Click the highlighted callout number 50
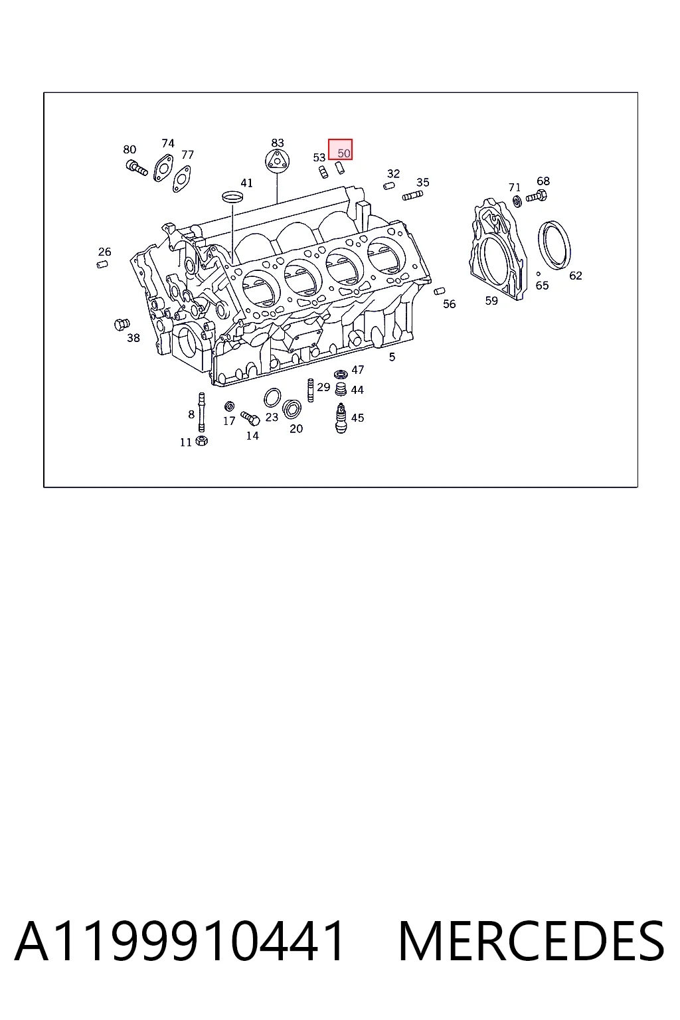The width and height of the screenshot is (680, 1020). (x=344, y=153)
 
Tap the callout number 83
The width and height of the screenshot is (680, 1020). (x=278, y=143)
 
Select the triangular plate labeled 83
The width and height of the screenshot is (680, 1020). (x=277, y=161)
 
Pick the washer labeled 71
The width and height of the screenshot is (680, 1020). (x=517, y=201)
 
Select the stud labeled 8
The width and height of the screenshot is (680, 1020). (x=201, y=412)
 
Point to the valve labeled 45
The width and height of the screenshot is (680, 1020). (x=341, y=418)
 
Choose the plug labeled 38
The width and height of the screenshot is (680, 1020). (x=122, y=324)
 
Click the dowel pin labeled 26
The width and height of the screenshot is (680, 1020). (x=102, y=264)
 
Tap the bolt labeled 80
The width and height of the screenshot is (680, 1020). (x=137, y=167)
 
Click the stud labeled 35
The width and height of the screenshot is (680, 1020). (x=412, y=196)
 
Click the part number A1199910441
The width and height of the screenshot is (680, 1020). (x=179, y=941)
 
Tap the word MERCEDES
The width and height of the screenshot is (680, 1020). (x=531, y=941)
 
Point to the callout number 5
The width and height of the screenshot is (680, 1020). (x=392, y=357)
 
